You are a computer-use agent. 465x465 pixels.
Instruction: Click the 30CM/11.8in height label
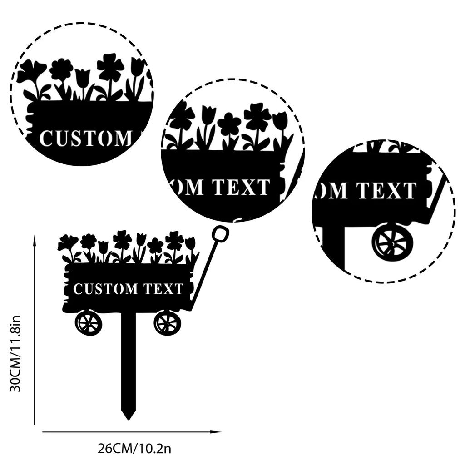coord(15,353)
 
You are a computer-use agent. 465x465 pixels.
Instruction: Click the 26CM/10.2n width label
coord(134,449)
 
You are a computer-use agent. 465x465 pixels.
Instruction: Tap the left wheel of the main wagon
coord(89,323)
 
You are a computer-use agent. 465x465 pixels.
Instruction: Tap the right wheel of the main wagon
coord(167,323)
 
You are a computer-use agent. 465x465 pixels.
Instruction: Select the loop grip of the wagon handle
coord(219,234)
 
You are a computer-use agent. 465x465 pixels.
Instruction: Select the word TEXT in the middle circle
coord(241,187)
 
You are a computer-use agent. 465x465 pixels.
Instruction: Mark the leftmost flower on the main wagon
coord(67,243)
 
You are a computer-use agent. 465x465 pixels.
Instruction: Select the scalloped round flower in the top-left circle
coord(61,69)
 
